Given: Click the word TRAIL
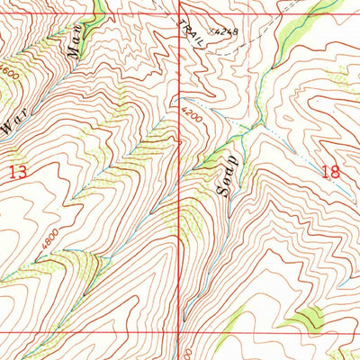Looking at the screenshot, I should point(190,36).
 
